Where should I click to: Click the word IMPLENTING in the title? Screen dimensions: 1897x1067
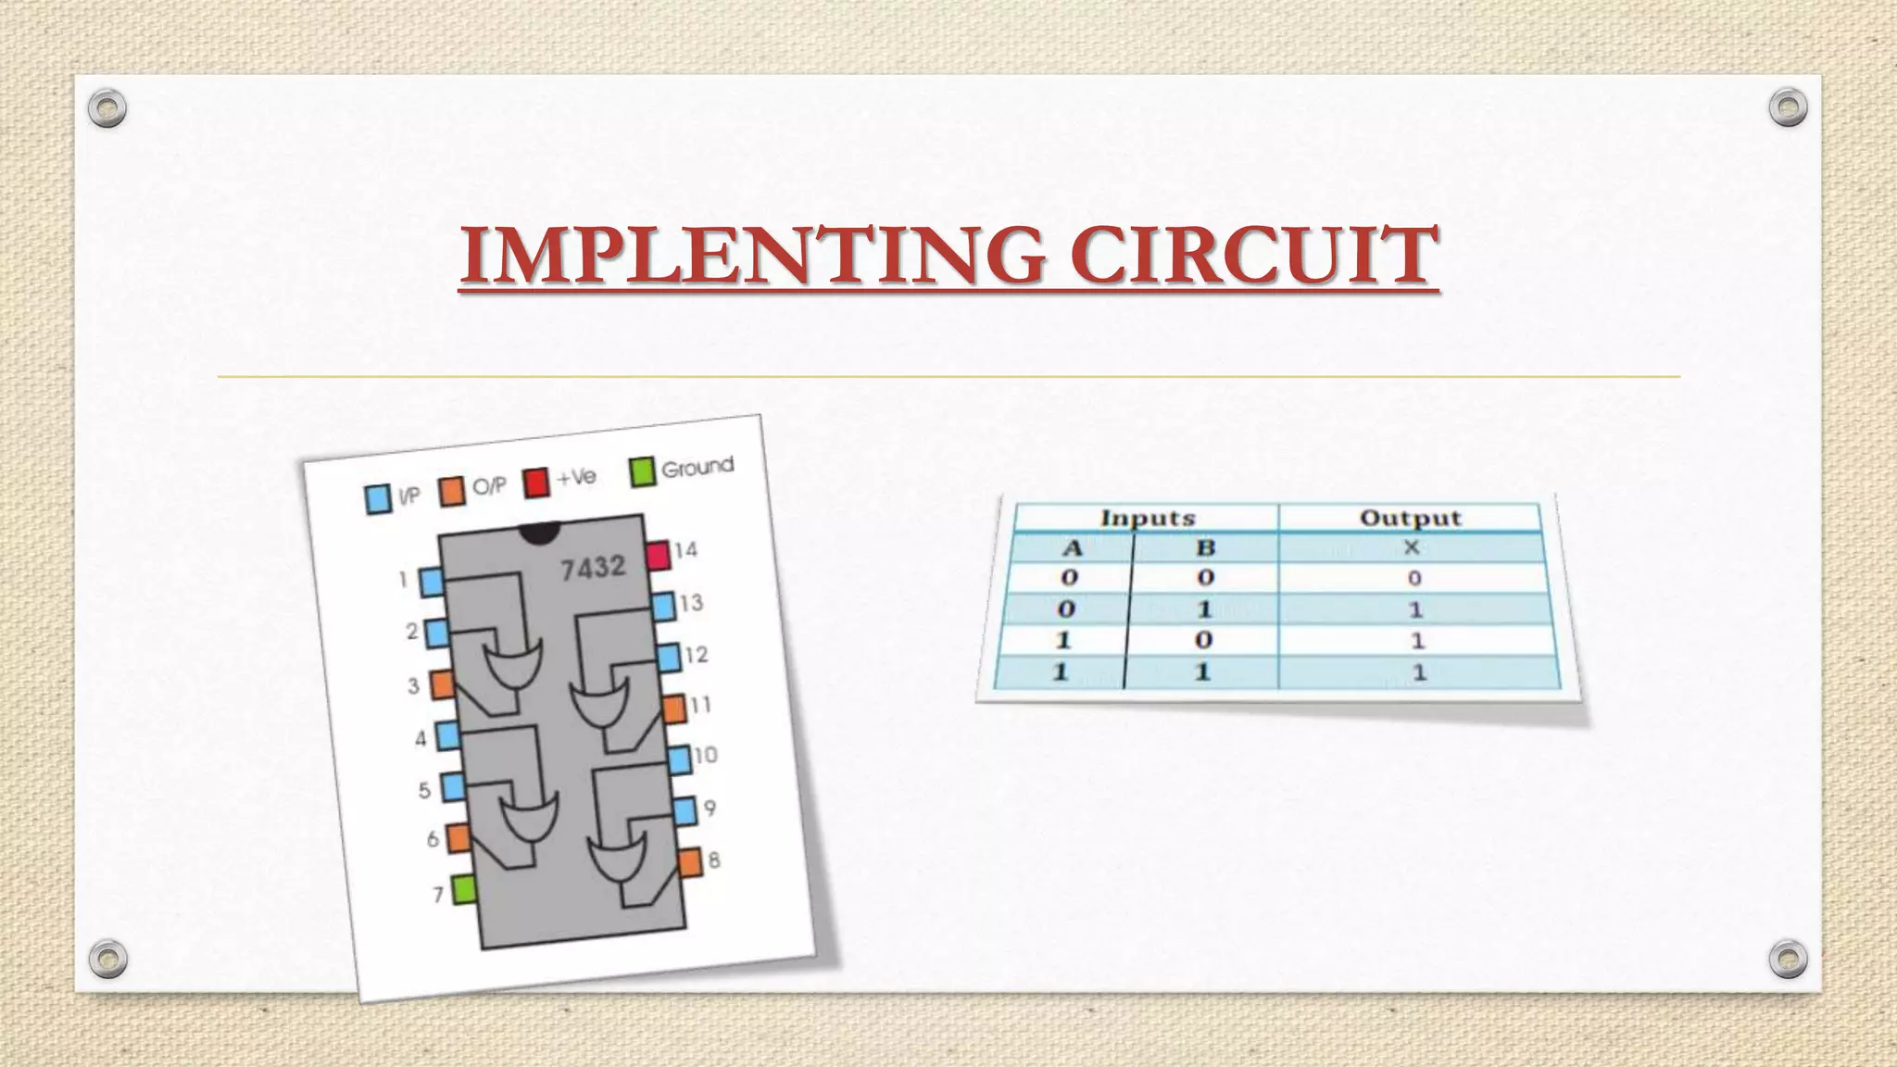[751, 256]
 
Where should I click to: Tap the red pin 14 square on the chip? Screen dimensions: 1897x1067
[658, 556]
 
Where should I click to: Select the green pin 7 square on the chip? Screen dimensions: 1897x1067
[464, 890]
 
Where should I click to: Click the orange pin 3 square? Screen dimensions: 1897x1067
[442, 684]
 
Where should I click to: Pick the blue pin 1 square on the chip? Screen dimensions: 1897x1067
[432, 583]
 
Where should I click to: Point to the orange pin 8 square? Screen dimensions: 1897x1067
[690, 863]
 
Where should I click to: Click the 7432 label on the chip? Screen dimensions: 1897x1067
[593, 567]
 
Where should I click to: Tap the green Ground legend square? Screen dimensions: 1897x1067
[642, 471]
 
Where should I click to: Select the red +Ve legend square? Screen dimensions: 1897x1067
[536, 483]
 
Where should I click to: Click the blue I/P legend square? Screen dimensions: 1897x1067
[378, 499]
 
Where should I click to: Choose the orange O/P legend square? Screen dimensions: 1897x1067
[452, 491]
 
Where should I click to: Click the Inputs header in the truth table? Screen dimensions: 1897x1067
[1148, 518]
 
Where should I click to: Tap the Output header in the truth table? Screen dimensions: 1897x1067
[1410, 518]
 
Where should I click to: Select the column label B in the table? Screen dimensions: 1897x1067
[1205, 547]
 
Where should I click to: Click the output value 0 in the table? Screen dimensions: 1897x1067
[1414, 579]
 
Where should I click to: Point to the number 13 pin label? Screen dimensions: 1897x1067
[691, 604]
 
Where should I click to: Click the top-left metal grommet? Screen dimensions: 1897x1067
[107, 108]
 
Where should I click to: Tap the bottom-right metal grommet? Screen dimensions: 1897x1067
[1788, 959]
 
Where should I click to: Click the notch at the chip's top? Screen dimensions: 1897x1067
[539, 532]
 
